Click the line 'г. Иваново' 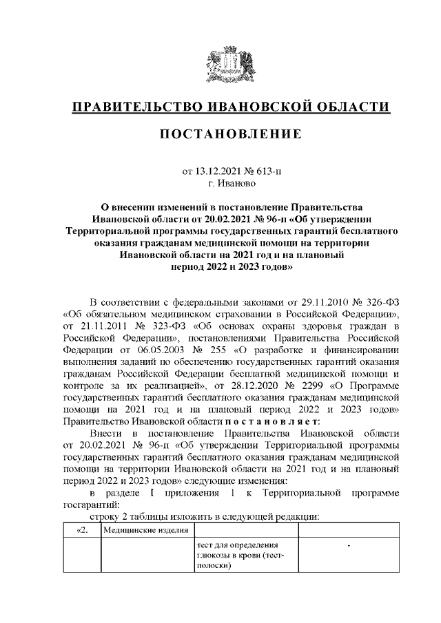(x=231, y=184)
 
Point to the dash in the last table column (x=349, y=546)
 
